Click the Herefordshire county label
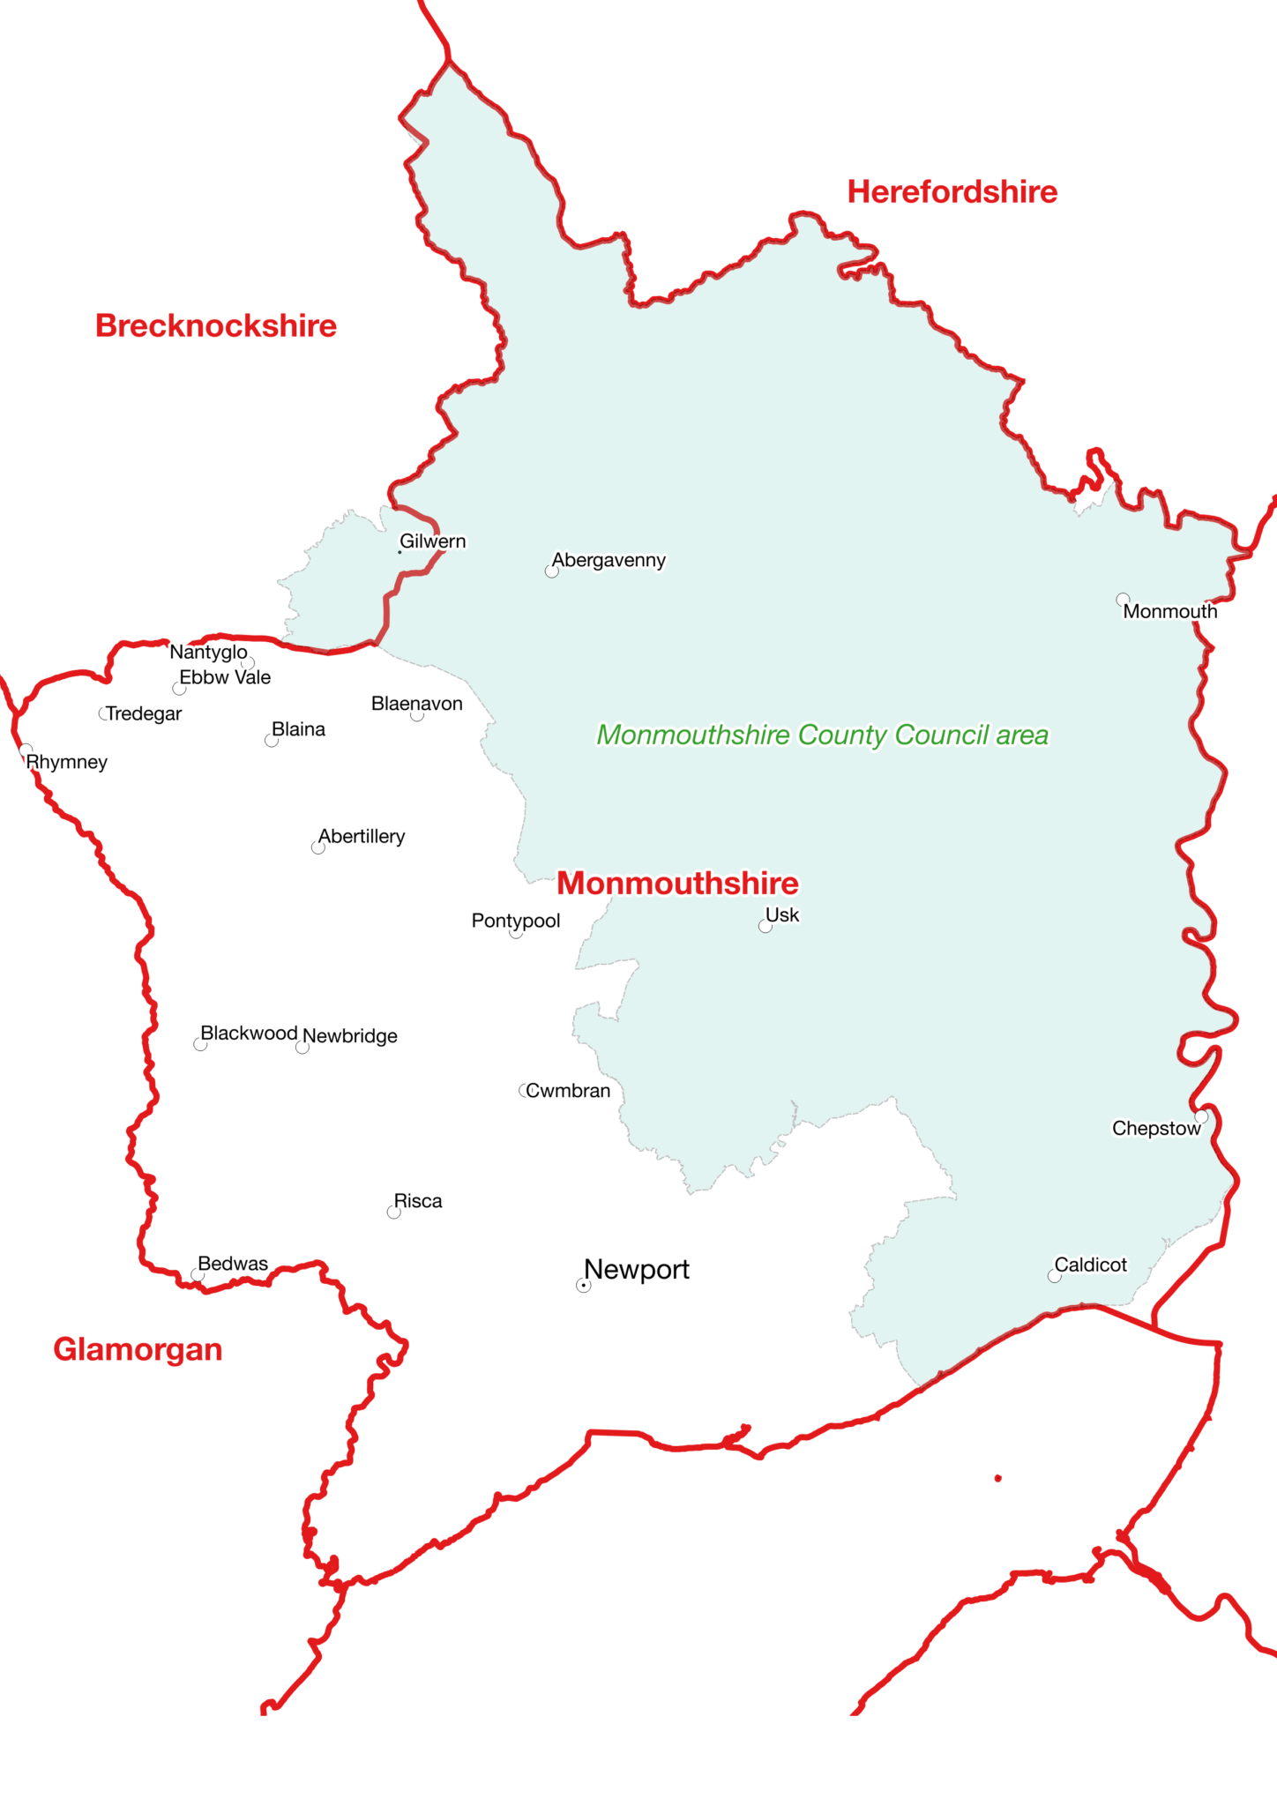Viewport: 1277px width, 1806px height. [x=952, y=192]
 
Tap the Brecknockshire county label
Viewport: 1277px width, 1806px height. [x=216, y=326]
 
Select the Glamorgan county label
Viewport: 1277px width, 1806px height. [x=138, y=1349]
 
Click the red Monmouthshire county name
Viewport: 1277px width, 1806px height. [x=677, y=884]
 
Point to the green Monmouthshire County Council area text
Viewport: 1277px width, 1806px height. [x=823, y=735]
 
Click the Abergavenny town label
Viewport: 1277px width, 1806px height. [x=609, y=561]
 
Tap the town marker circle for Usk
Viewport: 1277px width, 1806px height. [x=765, y=926]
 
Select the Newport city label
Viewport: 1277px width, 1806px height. [x=637, y=1270]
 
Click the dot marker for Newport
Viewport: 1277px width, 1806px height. [x=583, y=1286]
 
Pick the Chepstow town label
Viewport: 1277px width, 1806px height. [x=1155, y=1129]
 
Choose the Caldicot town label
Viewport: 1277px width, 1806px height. [x=1090, y=1265]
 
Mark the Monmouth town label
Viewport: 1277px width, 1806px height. [x=1169, y=612]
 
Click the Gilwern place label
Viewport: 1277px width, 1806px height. [x=432, y=541]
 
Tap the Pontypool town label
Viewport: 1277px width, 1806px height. [x=516, y=922]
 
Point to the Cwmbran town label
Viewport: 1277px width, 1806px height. [x=568, y=1091]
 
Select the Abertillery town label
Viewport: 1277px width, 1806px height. [x=362, y=837]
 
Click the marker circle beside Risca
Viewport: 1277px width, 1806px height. [x=393, y=1213]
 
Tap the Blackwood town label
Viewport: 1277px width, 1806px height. [x=249, y=1034]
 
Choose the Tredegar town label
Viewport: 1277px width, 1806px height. [x=144, y=714]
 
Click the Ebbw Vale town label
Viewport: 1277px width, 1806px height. [x=225, y=678]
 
